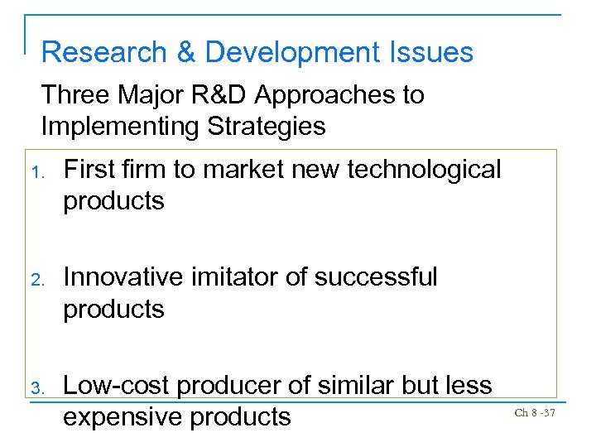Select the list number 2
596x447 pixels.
click(x=47, y=279)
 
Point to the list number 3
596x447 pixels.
click(x=47, y=387)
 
